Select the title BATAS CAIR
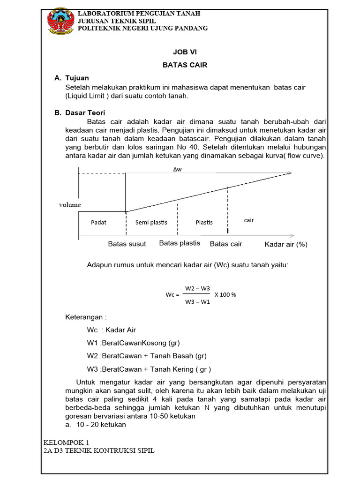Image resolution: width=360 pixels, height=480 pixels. tap(185, 65)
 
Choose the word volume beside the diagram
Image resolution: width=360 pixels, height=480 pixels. tap(70, 205)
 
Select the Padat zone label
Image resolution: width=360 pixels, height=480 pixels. tap(98, 222)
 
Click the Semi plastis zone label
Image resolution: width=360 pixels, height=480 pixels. tap(151, 222)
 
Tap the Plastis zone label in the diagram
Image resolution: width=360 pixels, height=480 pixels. tap(204, 222)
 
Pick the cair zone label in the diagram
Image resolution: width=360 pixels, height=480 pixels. tap(249, 220)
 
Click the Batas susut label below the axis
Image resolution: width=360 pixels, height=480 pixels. tap(127, 244)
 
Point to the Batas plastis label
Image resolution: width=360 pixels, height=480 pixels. tap(180, 243)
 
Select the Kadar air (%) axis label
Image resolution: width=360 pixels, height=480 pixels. tap(286, 244)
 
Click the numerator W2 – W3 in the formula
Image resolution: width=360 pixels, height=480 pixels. tap(197, 288)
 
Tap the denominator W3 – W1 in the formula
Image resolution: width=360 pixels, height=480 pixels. tap(197, 301)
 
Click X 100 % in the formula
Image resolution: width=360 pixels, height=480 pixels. tap(225, 295)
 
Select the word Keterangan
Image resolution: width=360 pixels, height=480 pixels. tap(86, 317)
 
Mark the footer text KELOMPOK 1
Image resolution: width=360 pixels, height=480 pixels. tap(66, 442)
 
